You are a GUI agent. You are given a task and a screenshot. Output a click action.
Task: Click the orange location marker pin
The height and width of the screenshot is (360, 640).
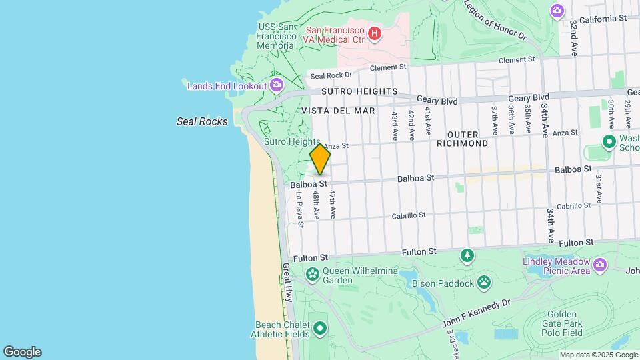pyautogui.click(x=320, y=159)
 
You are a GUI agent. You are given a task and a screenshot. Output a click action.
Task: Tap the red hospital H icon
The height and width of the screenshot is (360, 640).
pyautogui.click(x=375, y=33)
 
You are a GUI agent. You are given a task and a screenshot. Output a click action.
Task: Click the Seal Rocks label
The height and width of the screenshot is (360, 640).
pyautogui.click(x=201, y=121)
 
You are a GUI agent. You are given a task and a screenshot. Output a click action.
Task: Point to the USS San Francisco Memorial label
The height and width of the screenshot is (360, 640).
pyautogui.click(x=276, y=36)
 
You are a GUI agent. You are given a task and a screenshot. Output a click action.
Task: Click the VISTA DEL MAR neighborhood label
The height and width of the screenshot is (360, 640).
pyautogui.click(x=337, y=111)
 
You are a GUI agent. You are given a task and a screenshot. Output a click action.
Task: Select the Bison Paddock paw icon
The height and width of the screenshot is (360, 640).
pyautogui.click(x=484, y=283)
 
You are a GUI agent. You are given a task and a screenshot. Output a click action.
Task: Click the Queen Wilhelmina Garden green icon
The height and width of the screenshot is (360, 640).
pyautogui.click(x=311, y=274)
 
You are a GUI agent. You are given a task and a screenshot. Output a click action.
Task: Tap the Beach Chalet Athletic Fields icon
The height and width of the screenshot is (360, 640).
pyautogui.click(x=320, y=328)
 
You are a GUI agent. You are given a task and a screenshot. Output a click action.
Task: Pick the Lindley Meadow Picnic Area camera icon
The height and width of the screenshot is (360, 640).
pyautogui.click(x=600, y=266)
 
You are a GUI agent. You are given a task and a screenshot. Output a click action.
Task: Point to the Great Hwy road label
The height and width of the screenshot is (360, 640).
pyautogui.click(x=287, y=283)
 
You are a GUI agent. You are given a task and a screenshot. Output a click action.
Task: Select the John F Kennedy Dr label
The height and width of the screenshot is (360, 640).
pyautogui.click(x=476, y=313)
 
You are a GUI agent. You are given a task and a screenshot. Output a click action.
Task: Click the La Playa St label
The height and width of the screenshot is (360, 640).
pyautogui.click(x=299, y=210)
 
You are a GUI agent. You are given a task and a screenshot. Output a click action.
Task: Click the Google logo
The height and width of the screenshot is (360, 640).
pyautogui.click(x=22, y=352)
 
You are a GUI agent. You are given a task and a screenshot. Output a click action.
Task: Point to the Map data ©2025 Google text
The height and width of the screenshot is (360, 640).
pyautogui.click(x=597, y=355)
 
